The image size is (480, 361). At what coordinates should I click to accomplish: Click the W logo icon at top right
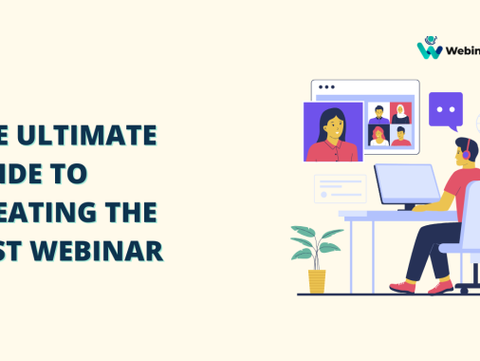430,48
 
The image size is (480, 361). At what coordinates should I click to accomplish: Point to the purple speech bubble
445,109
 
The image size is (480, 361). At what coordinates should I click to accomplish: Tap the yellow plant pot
317,280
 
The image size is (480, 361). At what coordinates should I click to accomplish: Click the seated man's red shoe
404,286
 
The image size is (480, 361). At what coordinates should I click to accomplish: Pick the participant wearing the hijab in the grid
402,113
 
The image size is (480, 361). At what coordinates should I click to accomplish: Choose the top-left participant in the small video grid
378,113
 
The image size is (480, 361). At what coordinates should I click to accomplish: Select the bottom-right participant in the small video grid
402,137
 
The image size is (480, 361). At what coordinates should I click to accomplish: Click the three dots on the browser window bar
326,86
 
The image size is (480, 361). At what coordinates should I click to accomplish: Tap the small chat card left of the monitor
340,186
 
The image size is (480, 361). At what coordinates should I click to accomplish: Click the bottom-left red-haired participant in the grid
378,137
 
